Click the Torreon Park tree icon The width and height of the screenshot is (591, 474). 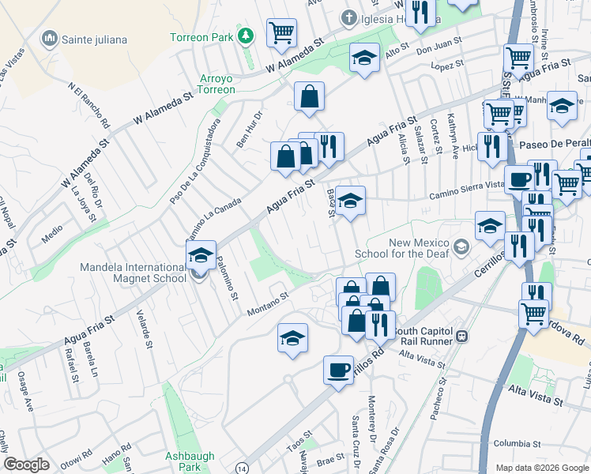pos(247,36)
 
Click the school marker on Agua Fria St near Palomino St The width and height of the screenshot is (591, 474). pos(201,255)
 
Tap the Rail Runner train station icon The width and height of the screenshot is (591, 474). pos(463,337)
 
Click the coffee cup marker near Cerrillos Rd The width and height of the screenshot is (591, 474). pos(339,370)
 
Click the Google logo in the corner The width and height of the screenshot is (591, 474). pos(28,465)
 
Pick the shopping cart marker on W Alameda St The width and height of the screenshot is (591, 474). pos(281,32)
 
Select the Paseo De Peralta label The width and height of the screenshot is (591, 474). pos(555,145)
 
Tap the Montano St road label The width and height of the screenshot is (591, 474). pos(269,300)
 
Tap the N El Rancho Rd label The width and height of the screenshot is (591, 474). pos(88,107)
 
